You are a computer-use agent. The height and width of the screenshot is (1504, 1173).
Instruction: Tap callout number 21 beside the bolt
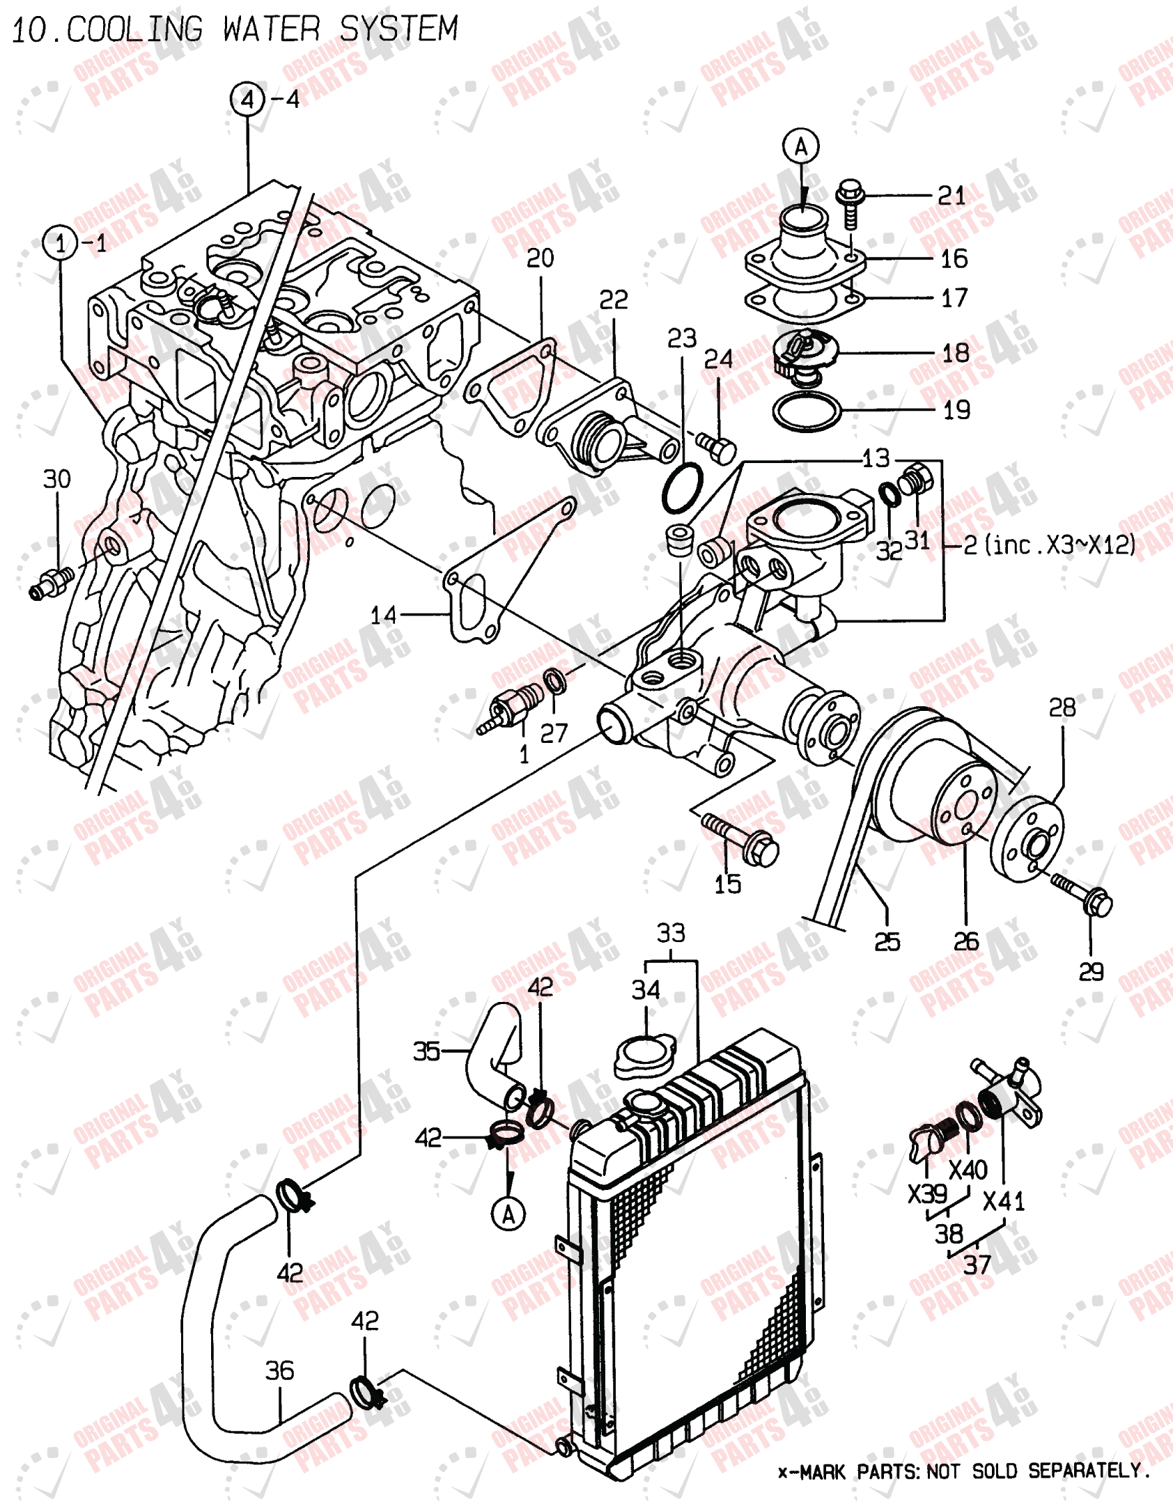pyautogui.click(x=951, y=196)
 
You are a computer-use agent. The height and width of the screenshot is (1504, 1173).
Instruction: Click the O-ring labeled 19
pyautogui.click(x=807, y=412)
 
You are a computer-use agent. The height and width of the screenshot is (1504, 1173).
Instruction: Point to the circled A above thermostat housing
pyautogui.click(x=801, y=147)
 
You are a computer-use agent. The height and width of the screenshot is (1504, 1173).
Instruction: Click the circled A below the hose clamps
pyautogui.click(x=508, y=1215)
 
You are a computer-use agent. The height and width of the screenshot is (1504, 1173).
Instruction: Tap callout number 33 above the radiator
pyautogui.click(x=671, y=934)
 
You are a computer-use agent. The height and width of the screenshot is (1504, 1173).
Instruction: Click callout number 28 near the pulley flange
pyautogui.click(x=1062, y=708)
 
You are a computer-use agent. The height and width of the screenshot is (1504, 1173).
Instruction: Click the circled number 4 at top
pyautogui.click(x=247, y=100)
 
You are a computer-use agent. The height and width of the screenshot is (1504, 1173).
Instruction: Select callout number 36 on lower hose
pyautogui.click(x=279, y=1371)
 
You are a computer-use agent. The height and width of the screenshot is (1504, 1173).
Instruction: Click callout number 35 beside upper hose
pyautogui.click(x=426, y=1051)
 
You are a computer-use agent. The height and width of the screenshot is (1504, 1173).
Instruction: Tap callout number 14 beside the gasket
pyautogui.click(x=383, y=615)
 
